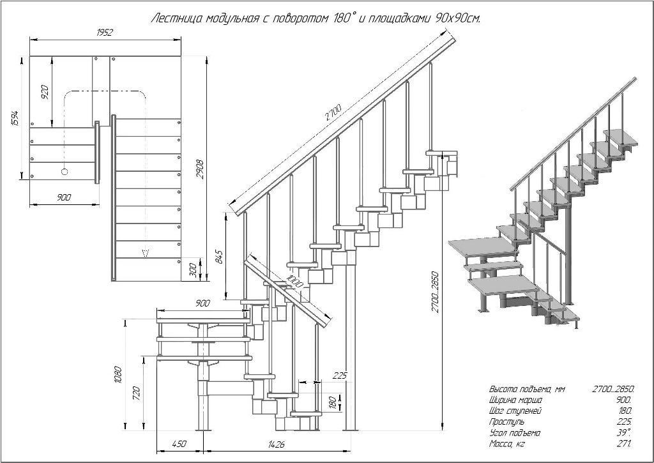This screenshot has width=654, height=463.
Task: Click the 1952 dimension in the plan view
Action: click(x=105, y=33)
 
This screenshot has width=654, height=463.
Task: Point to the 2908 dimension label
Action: click(x=199, y=167)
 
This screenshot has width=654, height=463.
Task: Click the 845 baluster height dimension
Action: click(x=219, y=256)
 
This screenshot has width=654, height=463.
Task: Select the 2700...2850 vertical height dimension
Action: click(x=435, y=294)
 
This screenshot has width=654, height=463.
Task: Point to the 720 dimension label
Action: click(x=135, y=393)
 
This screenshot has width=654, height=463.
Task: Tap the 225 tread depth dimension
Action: click(x=340, y=376)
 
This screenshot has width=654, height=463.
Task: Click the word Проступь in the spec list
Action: click(x=507, y=421)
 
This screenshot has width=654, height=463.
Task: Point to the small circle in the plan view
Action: click(x=64, y=171)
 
